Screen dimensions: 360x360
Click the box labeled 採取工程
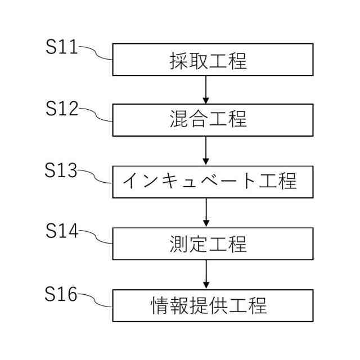tap(213, 60)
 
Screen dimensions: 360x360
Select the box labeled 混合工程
tap(213, 120)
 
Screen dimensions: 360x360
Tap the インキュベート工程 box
tap(213, 181)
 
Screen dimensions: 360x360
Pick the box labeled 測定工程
tap(213, 244)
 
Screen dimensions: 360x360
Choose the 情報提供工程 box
tap(213, 305)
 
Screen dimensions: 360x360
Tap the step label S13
tap(61, 170)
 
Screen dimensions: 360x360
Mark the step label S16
tap(61, 294)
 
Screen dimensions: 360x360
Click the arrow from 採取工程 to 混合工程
tap(206, 89)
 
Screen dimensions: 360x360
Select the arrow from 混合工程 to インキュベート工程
tap(206, 150)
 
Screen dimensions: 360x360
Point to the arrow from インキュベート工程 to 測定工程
tap(206, 212)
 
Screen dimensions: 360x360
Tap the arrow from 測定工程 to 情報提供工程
tap(206, 274)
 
